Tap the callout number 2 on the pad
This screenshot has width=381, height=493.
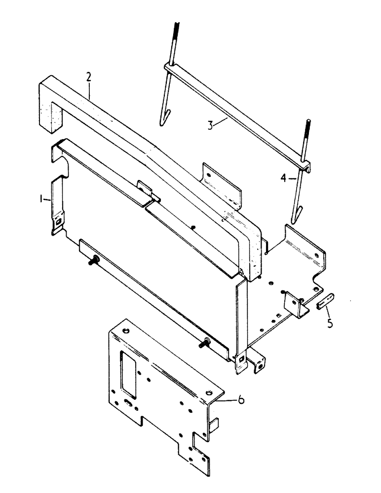[88, 77]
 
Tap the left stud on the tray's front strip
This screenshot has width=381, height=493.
[94, 262]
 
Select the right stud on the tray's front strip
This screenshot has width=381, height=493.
[203, 344]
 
